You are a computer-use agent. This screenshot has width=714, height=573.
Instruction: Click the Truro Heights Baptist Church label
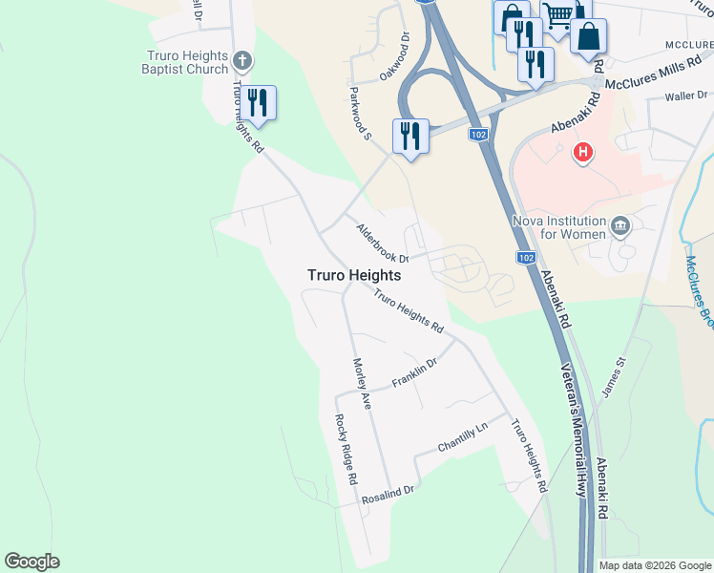pos(186,62)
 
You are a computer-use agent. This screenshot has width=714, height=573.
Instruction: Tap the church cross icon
pos(242,62)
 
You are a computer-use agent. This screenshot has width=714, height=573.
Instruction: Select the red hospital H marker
pos(582,151)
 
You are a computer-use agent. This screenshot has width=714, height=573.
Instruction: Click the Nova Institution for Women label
pos(559,227)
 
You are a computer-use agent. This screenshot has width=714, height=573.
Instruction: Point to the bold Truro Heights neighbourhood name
pos(353,275)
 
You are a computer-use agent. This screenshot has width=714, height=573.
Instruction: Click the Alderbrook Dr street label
pos(382,244)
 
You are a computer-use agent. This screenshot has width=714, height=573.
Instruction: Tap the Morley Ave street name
pos(361,384)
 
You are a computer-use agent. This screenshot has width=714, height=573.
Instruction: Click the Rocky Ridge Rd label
pos(345,449)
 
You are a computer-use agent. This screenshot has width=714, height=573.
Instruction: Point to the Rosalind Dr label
pos(388,495)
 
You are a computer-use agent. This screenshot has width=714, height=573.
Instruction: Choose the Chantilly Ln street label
pos(462,435)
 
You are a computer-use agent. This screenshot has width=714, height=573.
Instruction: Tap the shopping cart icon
pos(557,15)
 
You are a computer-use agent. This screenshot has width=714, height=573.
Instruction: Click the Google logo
pos(31,562)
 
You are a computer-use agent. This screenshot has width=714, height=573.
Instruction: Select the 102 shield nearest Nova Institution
pos(526,258)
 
